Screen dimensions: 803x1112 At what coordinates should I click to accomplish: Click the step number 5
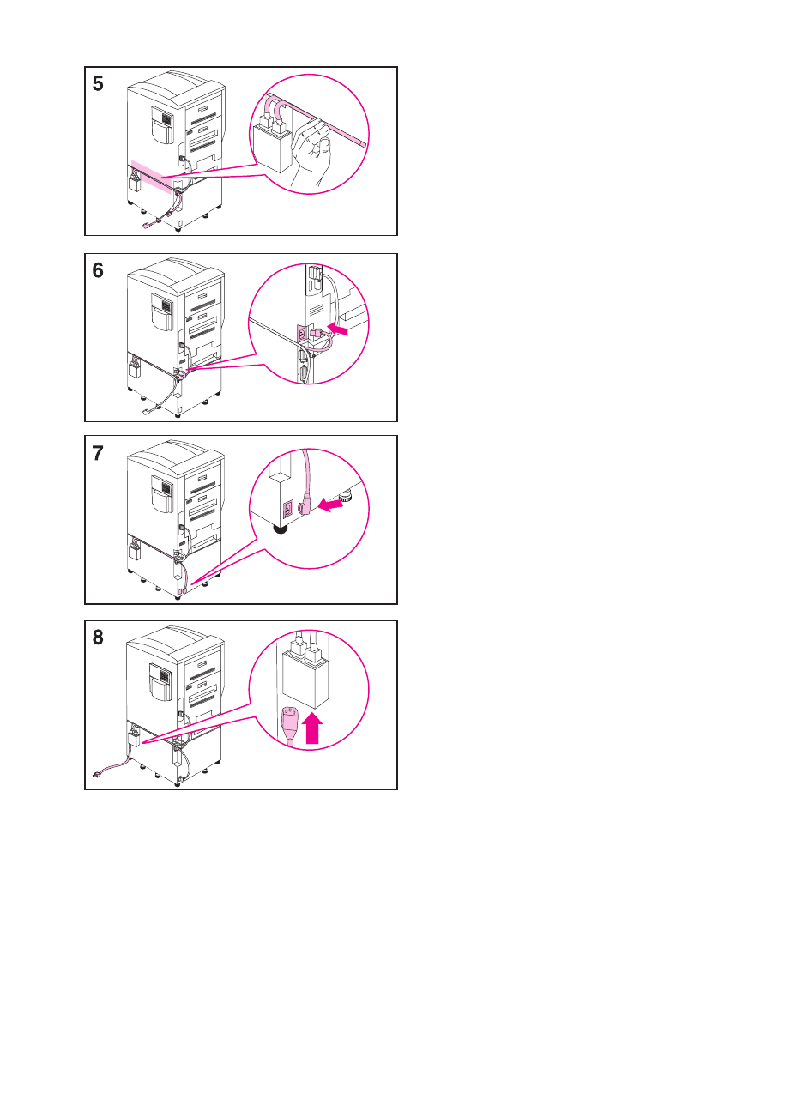[x=98, y=84]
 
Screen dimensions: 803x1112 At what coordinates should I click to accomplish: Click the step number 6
[x=98, y=270]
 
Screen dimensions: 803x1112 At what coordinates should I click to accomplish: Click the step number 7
[x=98, y=453]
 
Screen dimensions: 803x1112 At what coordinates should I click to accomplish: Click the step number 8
[x=98, y=638]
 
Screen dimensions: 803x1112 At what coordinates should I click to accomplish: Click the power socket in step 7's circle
[x=287, y=508]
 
